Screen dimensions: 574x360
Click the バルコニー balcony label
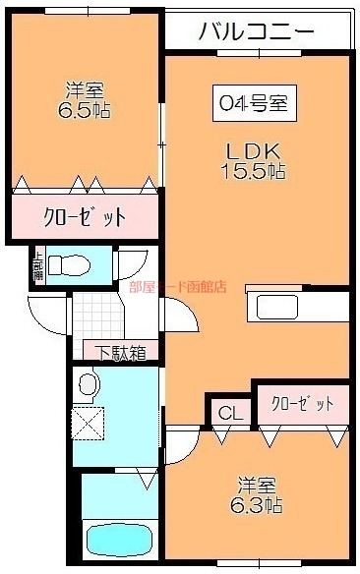(x=257, y=30)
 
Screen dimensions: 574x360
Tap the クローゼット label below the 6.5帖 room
(x=84, y=216)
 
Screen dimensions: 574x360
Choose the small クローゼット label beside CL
(x=302, y=403)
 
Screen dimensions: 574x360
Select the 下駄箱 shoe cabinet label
(x=121, y=351)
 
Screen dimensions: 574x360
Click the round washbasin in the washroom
(x=89, y=382)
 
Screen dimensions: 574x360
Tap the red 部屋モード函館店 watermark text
(x=177, y=288)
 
